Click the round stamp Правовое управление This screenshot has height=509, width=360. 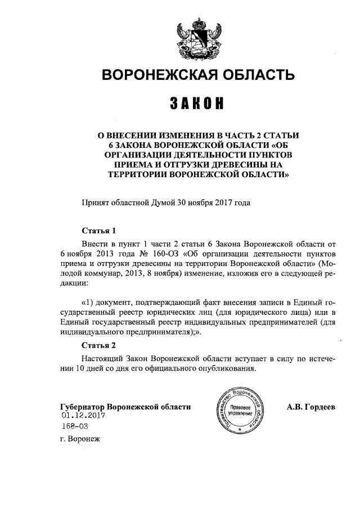point(240,409)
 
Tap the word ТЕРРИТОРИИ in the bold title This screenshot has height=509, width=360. point(141,174)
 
